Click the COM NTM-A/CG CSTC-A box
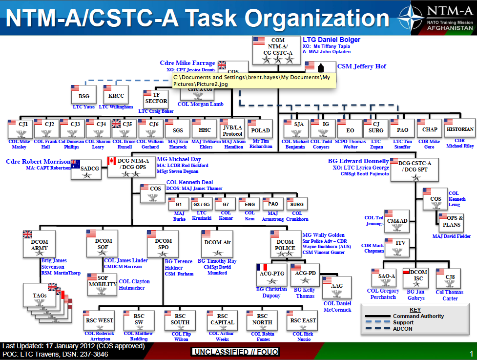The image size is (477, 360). pyautogui.click(x=275, y=51)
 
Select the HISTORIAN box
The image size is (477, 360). pyautogui.click(x=460, y=129)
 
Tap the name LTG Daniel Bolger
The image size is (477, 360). pyautogui.click(x=332, y=40)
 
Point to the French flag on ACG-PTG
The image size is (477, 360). pyautogui.click(x=262, y=267)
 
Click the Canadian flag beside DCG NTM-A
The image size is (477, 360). pyautogui.click(x=111, y=161)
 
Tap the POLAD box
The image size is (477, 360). pyautogui.click(x=260, y=130)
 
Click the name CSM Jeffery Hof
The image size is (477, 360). pyautogui.click(x=361, y=66)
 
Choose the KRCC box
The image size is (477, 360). pyautogui.click(x=116, y=95)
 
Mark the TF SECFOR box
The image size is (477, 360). pyautogui.click(x=156, y=98)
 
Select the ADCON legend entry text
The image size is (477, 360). pyautogui.click(x=403, y=329)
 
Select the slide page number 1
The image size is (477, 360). pyautogui.click(x=471, y=353)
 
